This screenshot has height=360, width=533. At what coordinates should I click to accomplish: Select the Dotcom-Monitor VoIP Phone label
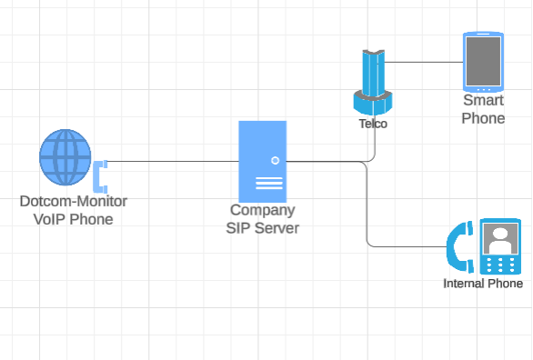click(74, 209)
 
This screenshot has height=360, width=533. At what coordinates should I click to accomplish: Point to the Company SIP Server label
click(262, 218)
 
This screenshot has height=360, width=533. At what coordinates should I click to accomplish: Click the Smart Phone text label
click(483, 109)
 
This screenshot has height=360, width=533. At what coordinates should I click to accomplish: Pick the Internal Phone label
click(483, 284)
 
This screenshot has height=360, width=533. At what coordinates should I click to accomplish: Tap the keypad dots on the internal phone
click(498, 264)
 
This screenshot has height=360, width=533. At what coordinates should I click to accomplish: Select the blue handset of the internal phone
click(459, 247)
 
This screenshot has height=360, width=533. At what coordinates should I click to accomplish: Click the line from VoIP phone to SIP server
click(173, 162)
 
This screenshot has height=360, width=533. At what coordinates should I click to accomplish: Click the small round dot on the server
click(275, 161)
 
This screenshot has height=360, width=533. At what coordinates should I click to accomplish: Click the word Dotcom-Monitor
click(74, 201)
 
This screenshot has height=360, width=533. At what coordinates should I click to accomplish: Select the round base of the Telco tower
click(373, 99)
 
